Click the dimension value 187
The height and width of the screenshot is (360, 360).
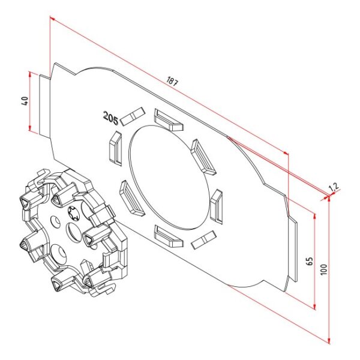pos(172,82)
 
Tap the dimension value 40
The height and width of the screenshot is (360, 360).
pos(25,101)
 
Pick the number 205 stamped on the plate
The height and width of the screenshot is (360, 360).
pos(110,118)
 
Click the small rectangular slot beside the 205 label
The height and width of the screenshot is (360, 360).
pos(132,116)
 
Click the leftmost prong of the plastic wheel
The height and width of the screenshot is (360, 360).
pos(28,243)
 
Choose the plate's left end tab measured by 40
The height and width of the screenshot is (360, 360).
pos(44,105)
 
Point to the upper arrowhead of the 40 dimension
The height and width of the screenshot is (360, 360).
pos(29,74)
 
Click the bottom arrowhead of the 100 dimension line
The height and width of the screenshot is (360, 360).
pos(329,341)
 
